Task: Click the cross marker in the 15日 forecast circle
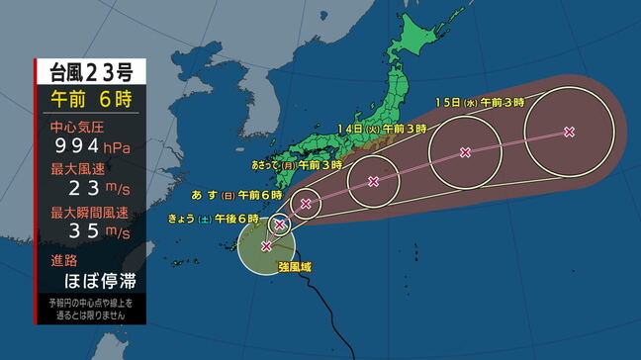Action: pyautogui.click(x=569, y=131)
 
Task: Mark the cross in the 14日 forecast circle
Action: pyautogui.click(x=465, y=151)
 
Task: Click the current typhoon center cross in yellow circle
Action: pyautogui.click(x=265, y=245)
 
